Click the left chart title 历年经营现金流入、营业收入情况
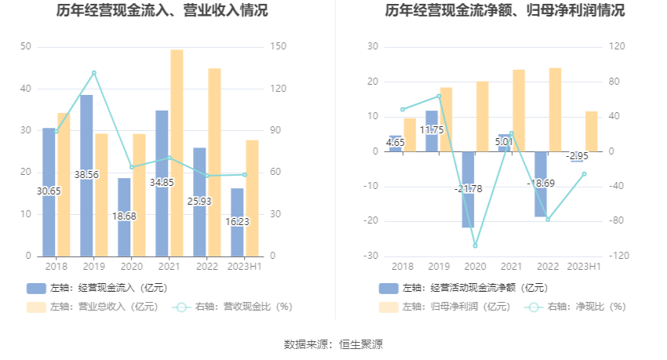162,11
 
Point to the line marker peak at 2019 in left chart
94,73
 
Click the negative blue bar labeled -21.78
468,189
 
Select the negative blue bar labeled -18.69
541,184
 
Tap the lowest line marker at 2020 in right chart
475,246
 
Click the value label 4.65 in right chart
395,143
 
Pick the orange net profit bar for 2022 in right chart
555,110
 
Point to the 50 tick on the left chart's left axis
26,47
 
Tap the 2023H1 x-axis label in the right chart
583,267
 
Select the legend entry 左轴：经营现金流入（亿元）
97,288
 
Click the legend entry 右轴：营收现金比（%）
231,307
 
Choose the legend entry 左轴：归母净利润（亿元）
444,307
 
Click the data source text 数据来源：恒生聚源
333,344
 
